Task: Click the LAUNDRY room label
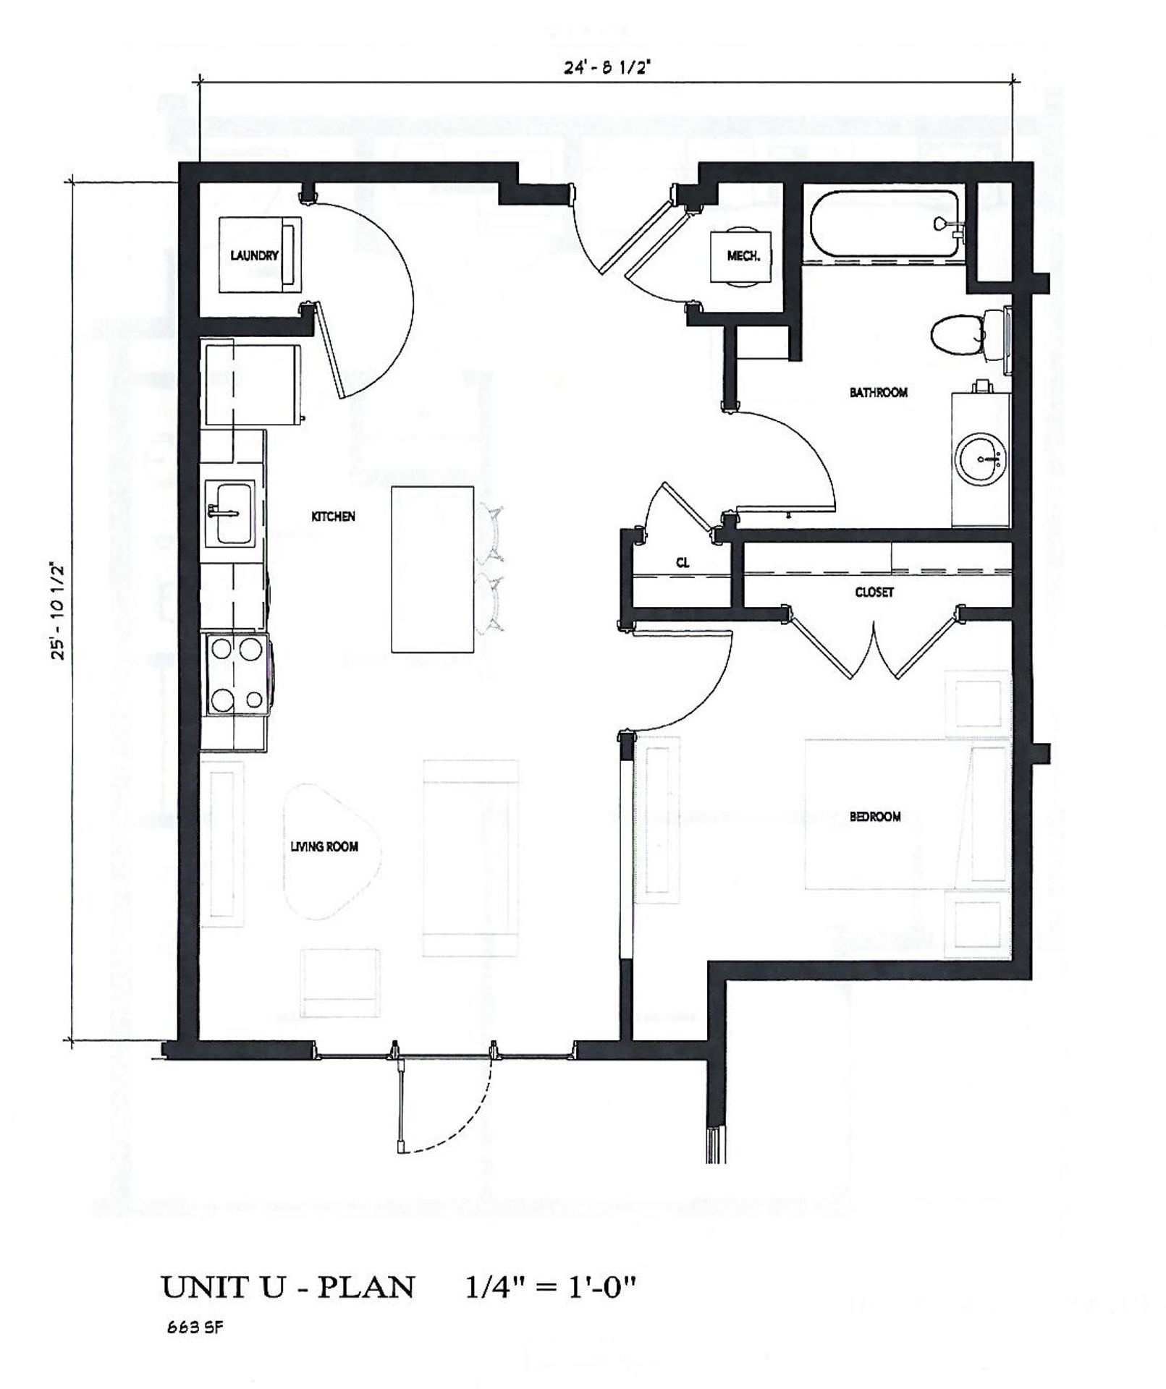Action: tap(254, 255)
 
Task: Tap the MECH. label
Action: tap(743, 256)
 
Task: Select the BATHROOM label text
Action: tap(878, 392)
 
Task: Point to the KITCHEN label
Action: tap(333, 517)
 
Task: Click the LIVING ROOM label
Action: tap(324, 846)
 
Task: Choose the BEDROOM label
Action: tap(875, 817)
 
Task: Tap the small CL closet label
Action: tap(683, 563)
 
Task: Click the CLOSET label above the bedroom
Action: tap(874, 592)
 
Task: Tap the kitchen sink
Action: tap(230, 513)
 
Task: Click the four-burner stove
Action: tap(237, 674)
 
